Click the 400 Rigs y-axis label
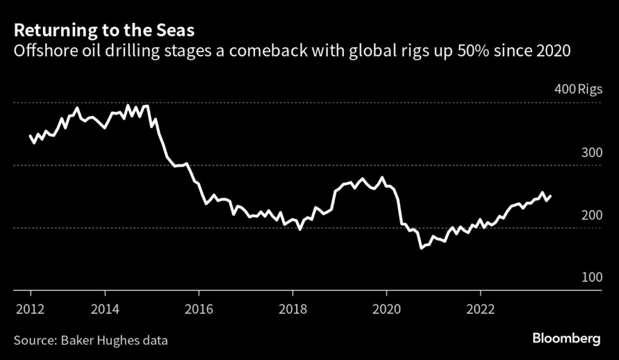click(578, 90)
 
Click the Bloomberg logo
click(566, 339)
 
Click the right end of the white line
click(551, 196)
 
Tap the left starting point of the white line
click(31, 136)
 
